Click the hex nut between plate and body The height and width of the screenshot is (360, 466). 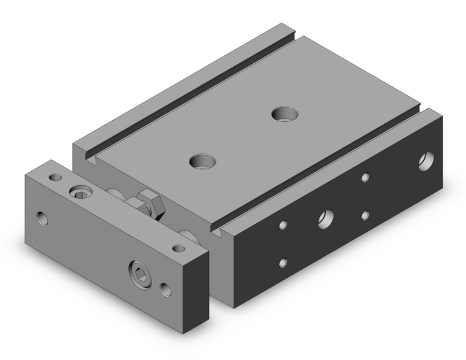(x=150, y=204)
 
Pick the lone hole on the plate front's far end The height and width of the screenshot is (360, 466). (x=42, y=217)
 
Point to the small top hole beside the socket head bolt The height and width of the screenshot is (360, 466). (x=56, y=178)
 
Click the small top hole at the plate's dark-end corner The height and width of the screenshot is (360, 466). (x=178, y=248)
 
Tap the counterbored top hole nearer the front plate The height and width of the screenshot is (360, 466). (x=202, y=161)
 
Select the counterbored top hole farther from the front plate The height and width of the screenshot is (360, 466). (x=283, y=113)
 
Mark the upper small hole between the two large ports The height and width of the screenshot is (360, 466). (x=365, y=178)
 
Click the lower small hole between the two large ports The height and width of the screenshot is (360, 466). (x=365, y=215)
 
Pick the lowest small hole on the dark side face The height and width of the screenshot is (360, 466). (x=283, y=263)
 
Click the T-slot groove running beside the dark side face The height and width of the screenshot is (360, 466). (x=319, y=171)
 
